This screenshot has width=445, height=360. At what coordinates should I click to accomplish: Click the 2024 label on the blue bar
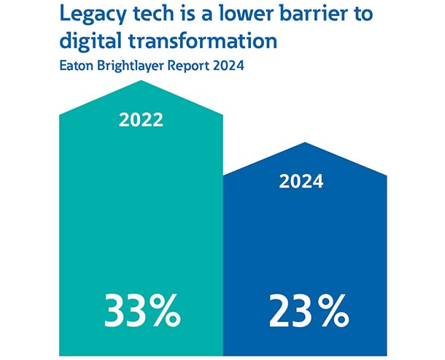tap(301, 182)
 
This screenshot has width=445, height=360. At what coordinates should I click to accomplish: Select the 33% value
tap(142, 313)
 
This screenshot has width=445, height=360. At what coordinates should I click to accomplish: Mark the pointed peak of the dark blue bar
tap(304, 144)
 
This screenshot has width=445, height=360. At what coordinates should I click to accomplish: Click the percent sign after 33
tap(166, 313)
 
